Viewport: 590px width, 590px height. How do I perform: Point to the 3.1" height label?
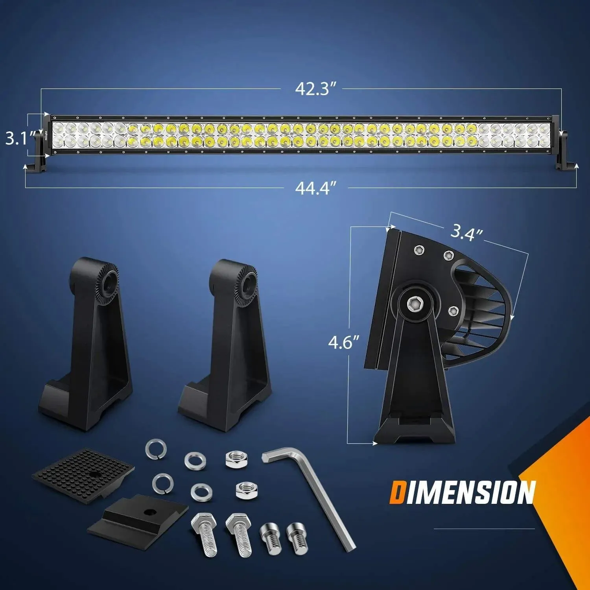(18, 138)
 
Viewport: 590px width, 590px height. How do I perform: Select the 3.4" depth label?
(466, 233)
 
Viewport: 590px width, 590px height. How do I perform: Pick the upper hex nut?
(236, 459)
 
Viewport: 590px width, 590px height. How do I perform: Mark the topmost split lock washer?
(156, 449)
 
